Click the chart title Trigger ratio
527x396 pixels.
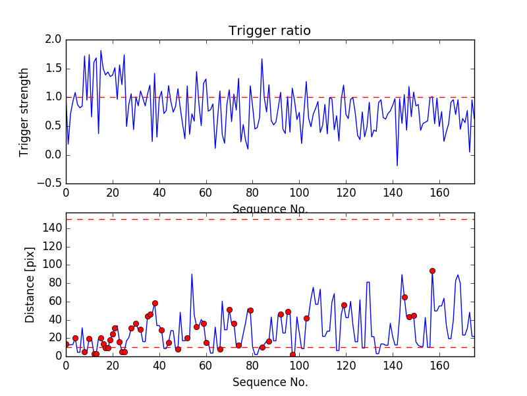pyautogui.click(x=269, y=31)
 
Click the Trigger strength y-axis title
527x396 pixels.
pyautogui.click(x=24, y=112)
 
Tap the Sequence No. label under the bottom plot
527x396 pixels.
pyautogui.click(x=269, y=381)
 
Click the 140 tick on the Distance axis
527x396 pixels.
pyautogui.click(x=51, y=228)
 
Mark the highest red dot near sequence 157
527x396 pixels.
pyautogui.click(x=432, y=271)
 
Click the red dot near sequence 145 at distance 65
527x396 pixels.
pyautogui.click(x=404, y=297)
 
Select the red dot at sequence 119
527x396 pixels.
pyautogui.click(x=344, y=305)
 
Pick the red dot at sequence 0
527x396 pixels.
pyautogui.click(x=66, y=344)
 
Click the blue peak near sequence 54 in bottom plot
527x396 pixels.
pyautogui.click(x=192, y=274)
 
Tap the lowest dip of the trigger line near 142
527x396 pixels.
pyautogui.click(x=397, y=166)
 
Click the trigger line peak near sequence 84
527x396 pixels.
pyautogui.click(x=262, y=59)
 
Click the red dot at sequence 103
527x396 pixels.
pyautogui.click(x=306, y=318)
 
